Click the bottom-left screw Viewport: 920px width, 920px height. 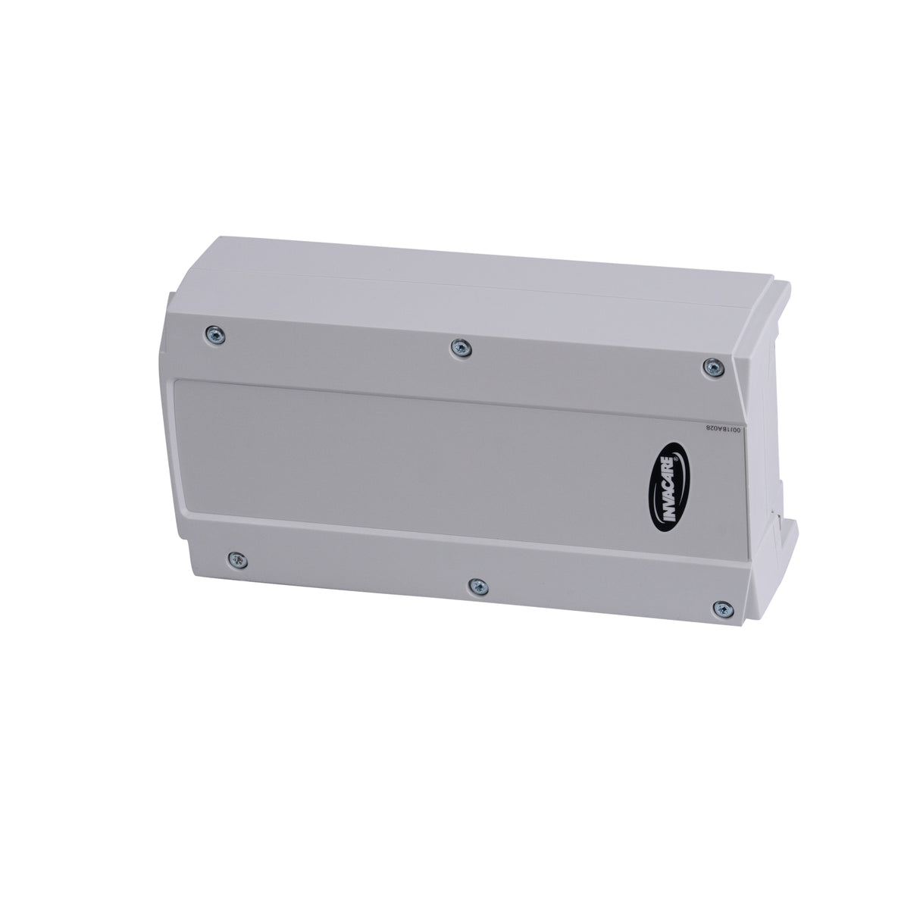click(237, 560)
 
